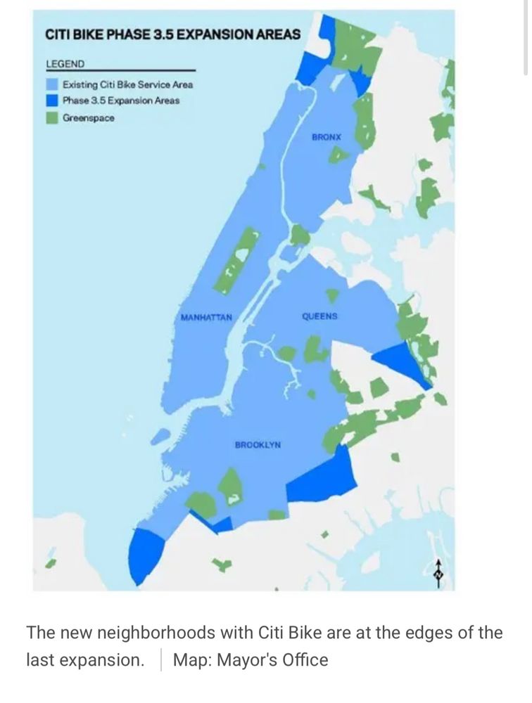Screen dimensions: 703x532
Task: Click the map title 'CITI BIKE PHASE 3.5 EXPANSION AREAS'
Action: [172, 34]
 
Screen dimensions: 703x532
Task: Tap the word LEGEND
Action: [65, 64]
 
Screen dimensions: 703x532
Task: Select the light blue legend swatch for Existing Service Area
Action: [51, 84]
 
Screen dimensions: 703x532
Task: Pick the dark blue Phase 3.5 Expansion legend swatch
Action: [51, 101]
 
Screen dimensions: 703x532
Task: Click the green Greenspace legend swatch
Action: [51, 117]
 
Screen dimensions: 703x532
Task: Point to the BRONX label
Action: [326, 137]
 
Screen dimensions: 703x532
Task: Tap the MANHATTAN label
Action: [206, 318]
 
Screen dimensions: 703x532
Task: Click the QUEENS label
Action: [319, 316]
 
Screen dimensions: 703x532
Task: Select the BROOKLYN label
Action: [258, 445]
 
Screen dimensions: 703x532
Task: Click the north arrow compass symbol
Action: [439, 573]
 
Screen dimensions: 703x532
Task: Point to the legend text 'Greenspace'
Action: [88, 118]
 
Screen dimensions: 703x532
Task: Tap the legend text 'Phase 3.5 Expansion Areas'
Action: [120, 101]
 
